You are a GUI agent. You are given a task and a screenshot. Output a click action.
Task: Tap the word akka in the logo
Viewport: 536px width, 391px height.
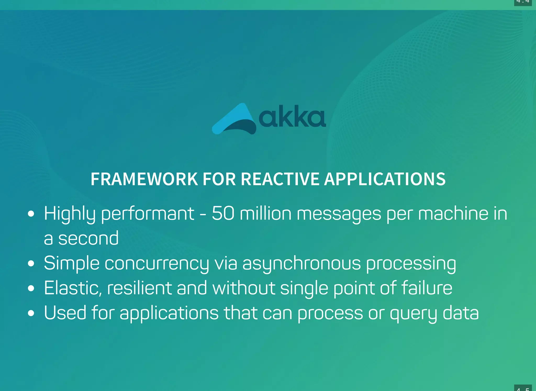(292, 117)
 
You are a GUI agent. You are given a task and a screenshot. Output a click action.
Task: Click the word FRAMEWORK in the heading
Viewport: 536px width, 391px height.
(144, 179)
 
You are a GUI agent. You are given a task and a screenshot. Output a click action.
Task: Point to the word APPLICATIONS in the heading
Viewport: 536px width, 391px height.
(385, 179)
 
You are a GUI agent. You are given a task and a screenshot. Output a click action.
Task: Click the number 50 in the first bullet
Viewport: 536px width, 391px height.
(223, 213)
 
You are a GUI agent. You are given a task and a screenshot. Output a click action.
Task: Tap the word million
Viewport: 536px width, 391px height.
(265, 213)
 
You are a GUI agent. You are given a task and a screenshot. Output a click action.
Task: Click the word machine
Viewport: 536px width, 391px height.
(453, 213)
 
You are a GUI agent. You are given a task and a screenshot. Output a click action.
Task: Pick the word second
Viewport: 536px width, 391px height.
(88, 238)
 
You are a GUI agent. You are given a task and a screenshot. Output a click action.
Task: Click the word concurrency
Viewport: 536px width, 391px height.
(157, 264)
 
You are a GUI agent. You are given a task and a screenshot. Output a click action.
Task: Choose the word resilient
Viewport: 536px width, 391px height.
(139, 288)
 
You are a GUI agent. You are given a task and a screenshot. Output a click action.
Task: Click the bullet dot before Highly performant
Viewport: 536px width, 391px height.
(31, 214)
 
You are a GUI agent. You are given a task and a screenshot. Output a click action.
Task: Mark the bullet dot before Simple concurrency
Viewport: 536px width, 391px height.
(31, 264)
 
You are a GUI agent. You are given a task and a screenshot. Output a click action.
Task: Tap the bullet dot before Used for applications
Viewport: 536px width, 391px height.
(31, 313)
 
